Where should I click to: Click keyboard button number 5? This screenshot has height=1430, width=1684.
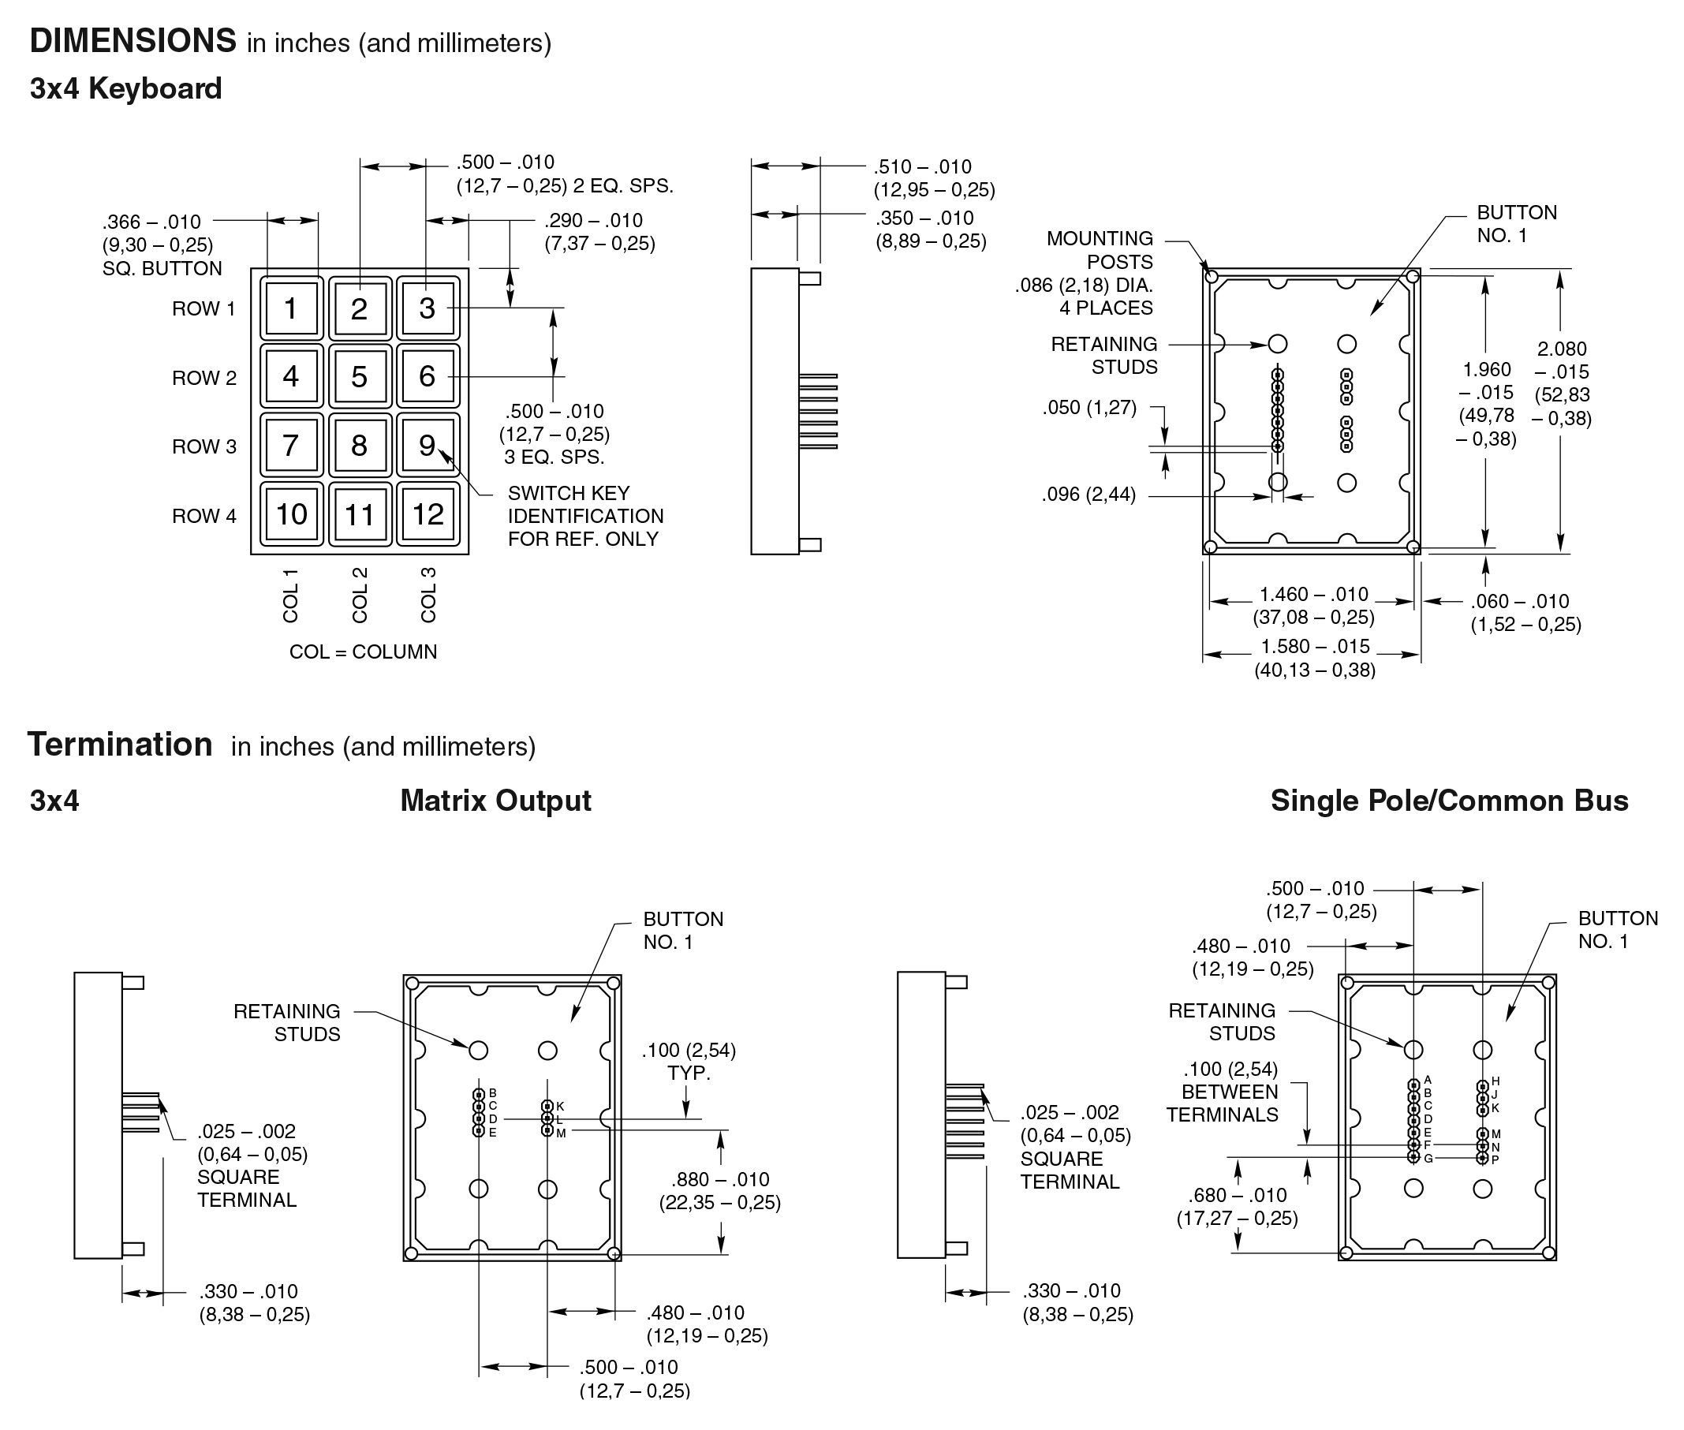[x=359, y=377]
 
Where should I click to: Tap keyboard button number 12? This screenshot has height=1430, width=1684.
[x=428, y=515]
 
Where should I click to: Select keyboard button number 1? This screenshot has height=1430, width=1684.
[x=290, y=308]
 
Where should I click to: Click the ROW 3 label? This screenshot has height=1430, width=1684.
[x=203, y=446]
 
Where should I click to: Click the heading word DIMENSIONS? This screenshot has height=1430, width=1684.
[x=133, y=40]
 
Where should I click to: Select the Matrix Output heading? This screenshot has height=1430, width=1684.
[x=495, y=801]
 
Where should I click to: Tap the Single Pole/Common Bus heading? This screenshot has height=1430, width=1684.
[x=1449, y=801]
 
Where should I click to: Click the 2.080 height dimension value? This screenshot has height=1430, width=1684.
[x=1562, y=349]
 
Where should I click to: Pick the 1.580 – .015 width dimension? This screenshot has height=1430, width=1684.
[x=1314, y=647]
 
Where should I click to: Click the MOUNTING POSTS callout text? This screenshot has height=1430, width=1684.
[x=1100, y=250]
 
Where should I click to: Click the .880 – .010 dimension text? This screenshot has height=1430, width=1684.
[x=719, y=1179]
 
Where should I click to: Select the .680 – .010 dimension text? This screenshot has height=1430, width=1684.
[x=1238, y=1195]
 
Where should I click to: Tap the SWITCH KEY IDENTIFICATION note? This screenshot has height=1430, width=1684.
[x=584, y=516]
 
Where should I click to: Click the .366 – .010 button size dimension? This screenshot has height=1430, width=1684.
[x=151, y=222]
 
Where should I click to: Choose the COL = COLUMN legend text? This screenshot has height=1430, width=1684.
[x=364, y=652]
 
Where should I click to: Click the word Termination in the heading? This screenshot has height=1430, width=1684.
[x=120, y=745]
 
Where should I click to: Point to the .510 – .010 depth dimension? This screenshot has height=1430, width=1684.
[x=922, y=167]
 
